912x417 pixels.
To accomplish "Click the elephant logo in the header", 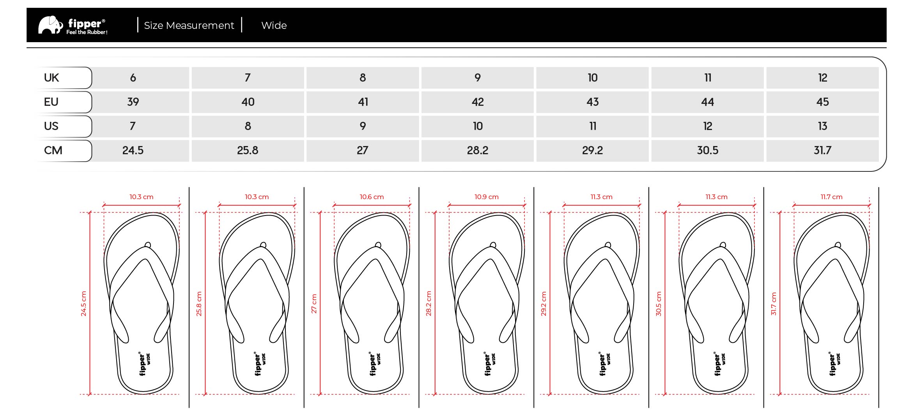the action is [x=50, y=25].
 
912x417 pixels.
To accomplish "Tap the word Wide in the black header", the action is [x=274, y=25].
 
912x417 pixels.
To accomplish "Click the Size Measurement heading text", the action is [x=189, y=25].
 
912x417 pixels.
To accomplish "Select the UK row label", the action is [x=51, y=78].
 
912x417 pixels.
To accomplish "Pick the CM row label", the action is [x=53, y=150].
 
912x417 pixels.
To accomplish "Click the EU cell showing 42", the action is [x=478, y=102].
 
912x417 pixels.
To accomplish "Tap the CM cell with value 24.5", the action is [x=133, y=150].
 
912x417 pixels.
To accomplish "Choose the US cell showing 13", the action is [x=823, y=126].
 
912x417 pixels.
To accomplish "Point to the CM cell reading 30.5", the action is [x=708, y=150].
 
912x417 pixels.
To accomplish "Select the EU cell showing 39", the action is [x=133, y=102].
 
